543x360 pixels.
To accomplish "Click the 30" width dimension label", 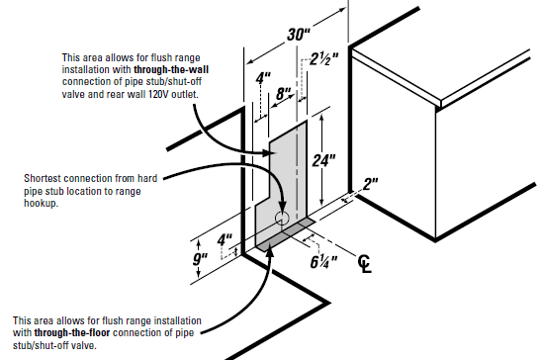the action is click(x=299, y=35).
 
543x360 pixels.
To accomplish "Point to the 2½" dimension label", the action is click(x=323, y=59).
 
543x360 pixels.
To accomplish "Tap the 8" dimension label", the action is click(x=284, y=94).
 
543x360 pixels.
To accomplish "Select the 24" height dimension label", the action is click(x=324, y=160).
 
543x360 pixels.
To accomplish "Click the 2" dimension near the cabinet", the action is click(x=370, y=184).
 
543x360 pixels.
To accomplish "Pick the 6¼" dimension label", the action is click(x=323, y=262).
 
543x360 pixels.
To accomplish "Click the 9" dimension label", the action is click(x=200, y=259).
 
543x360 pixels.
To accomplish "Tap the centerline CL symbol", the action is click(x=365, y=264).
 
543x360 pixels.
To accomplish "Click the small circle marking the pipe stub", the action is click(x=282, y=218).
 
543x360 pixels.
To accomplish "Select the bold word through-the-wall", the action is click(x=171, y=69).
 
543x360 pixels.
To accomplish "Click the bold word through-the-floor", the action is click(x=72, y=333).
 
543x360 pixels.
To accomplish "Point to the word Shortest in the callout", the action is click(x=43, y=178).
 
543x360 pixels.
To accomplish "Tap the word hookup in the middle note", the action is click(x=41, y=203).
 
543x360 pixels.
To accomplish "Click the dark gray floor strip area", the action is click(x=286, y=233).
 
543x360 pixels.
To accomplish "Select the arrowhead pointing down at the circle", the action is click(x=283, y=209).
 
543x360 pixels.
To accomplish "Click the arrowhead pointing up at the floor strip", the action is click(x=270, y=251).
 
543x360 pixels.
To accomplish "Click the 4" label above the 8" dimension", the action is click(x=263, y=78).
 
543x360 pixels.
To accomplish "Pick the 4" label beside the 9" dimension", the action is click(x=226, y=239).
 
